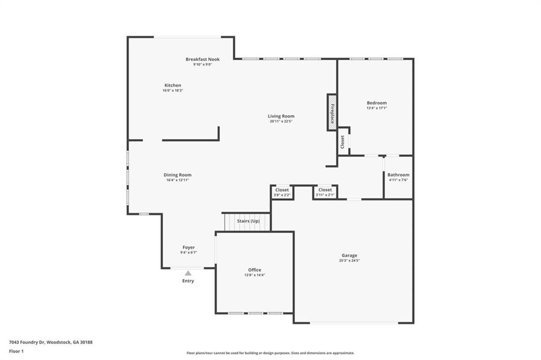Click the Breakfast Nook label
202,59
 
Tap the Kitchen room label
173,85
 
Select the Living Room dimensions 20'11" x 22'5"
281,122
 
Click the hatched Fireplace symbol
332,113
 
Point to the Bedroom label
377,103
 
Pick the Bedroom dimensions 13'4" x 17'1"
377,108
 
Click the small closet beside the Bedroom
343,141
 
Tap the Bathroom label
398,174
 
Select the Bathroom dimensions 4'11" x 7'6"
398,180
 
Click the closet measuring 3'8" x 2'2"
282,192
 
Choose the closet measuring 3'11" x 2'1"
325,192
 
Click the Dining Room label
178,174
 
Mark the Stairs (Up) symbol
247,221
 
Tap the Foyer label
189,247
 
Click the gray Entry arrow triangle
188,273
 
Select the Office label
255,270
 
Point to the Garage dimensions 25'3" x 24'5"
349,261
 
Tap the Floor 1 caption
17,351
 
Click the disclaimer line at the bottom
270,353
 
